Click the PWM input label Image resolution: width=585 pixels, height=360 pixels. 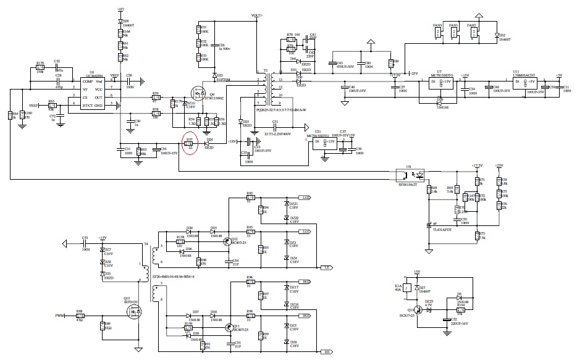click(60, 316)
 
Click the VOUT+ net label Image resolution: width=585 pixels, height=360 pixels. click(258, 14)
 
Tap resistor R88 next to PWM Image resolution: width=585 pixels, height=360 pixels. click(80, 316)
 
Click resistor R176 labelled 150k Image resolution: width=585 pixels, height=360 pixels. click(40, 67)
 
